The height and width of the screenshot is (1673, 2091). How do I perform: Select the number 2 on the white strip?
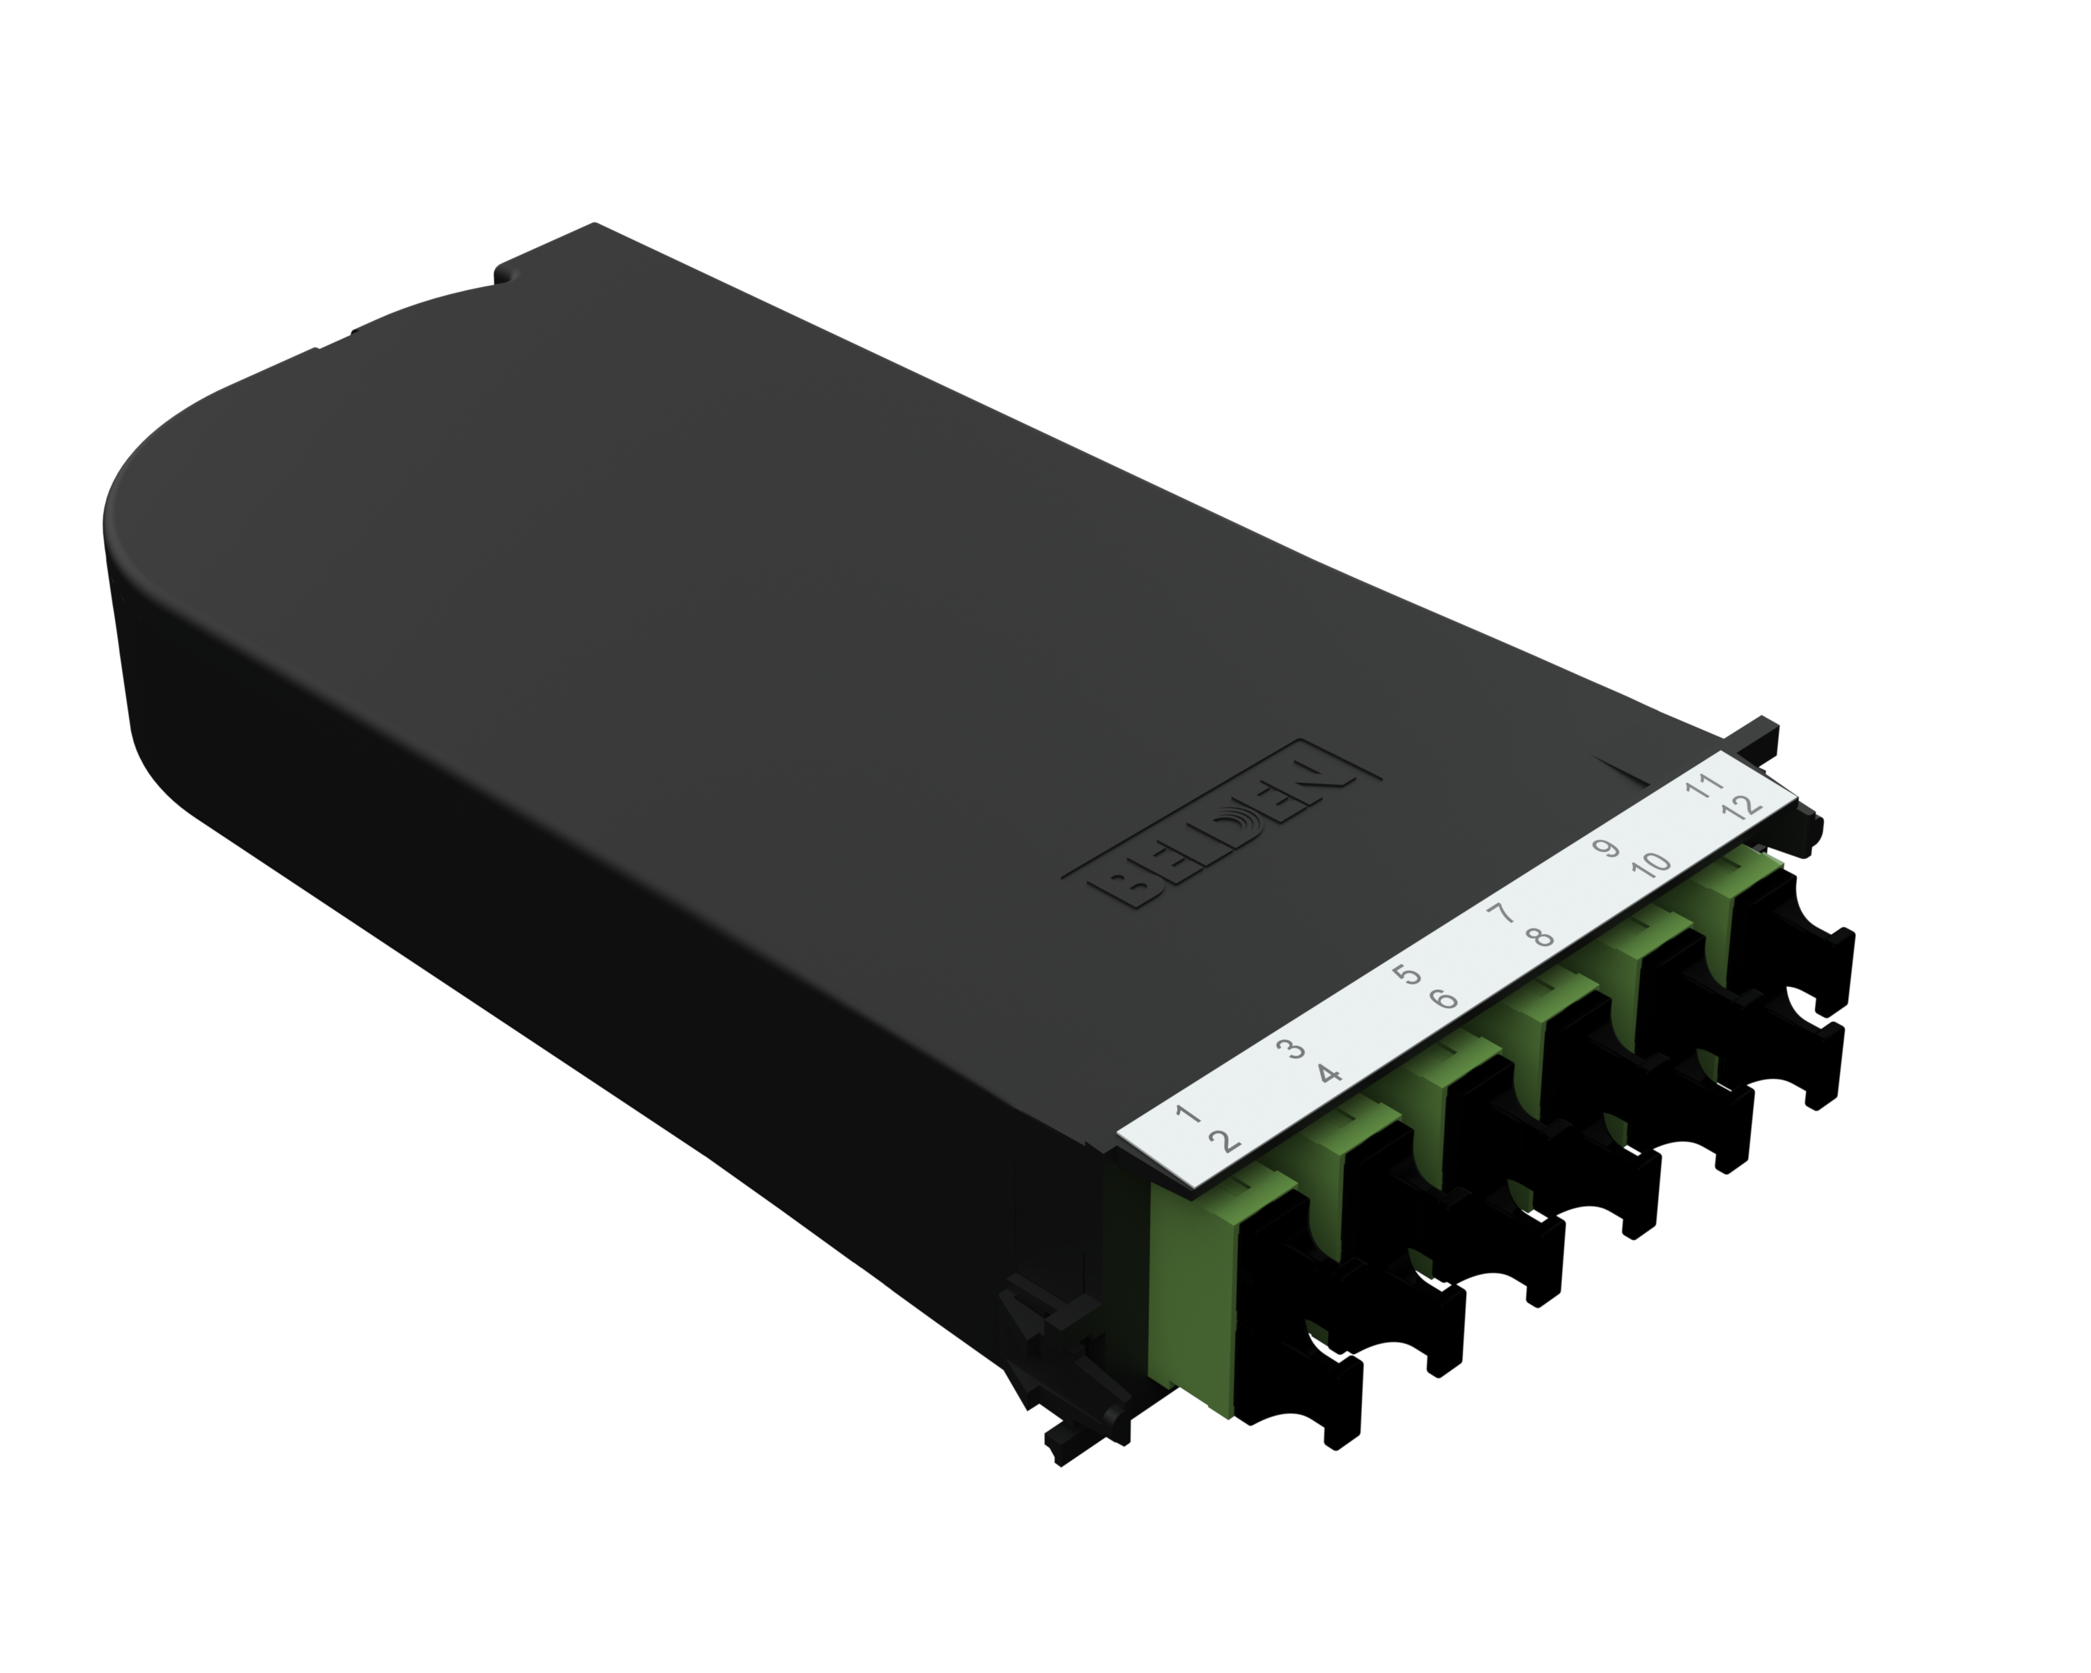pos(1227,1142)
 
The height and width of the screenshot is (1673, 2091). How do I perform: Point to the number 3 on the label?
pos(1290,1048)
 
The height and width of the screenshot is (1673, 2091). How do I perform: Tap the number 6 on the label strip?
pos(1444,999)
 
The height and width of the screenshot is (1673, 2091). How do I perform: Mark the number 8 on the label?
pos(1539,937)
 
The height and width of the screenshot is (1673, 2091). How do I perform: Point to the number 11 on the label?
pos(1703,786)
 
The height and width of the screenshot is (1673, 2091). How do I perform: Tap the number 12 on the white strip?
pos(1742,807)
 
